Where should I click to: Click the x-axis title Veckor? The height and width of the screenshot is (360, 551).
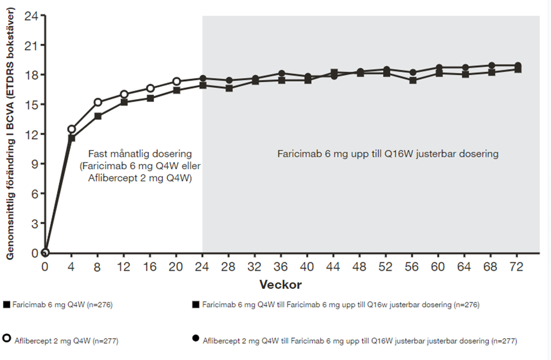280,284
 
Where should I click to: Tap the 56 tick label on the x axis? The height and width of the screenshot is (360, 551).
412,267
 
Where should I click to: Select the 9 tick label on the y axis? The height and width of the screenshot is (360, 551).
35,164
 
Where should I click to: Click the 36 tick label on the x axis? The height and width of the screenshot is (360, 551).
280,267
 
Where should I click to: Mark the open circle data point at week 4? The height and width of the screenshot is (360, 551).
71,129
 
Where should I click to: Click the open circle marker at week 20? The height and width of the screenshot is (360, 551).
177,82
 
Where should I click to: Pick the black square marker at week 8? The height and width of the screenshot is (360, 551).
98,116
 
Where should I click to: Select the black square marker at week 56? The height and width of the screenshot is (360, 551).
413,81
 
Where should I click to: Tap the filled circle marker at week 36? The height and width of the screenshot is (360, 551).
282,74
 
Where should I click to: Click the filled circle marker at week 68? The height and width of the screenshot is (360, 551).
492,66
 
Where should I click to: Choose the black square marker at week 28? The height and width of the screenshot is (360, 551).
229,88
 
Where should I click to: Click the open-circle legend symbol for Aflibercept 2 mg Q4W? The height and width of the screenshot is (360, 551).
6,338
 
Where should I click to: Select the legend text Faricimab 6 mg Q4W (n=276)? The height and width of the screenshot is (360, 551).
62,305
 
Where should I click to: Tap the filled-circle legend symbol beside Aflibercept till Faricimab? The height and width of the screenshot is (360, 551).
196,338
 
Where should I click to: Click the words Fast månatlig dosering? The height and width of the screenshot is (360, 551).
140,153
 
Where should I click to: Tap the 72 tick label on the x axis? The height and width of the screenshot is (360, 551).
516,267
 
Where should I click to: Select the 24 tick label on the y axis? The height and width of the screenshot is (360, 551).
31,16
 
